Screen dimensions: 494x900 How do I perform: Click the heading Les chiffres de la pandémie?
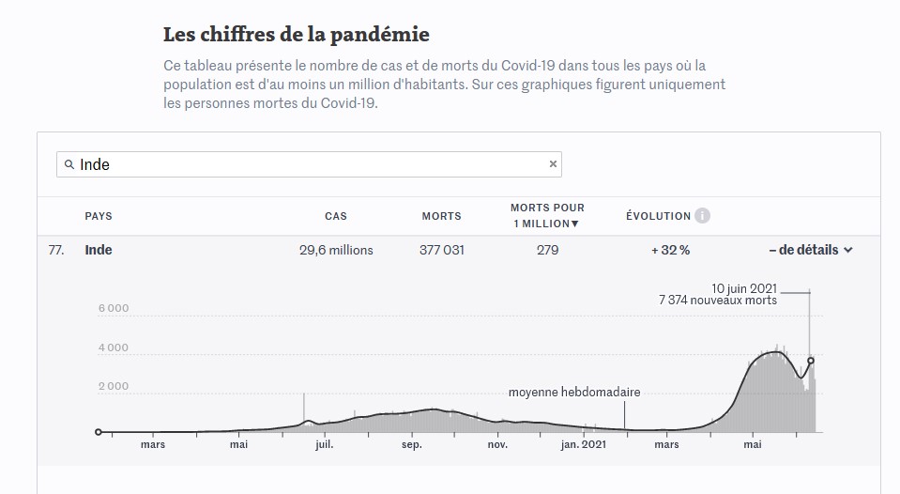[x=297, y=35]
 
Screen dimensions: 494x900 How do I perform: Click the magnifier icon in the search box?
[x=69, y=164]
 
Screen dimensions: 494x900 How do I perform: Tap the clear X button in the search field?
[x=553, y=164]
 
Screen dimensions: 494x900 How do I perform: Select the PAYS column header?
[x=99, y=216]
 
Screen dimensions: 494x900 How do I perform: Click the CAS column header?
[x=335, y=216]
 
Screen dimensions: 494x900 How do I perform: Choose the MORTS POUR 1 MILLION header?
[x=547, y=215]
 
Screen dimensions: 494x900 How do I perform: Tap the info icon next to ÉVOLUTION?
[x=702, y=216]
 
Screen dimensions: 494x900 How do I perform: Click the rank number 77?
[x=55, y=250]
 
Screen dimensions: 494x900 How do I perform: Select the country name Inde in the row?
[x=99, y=250]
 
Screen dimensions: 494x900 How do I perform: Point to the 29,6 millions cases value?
[x=336, y=250]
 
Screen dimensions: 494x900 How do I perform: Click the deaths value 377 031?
[x=441, y=250]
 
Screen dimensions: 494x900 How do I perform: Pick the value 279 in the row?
[x=547, y=250]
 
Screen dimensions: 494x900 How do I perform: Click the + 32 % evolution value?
[x=670, y=250]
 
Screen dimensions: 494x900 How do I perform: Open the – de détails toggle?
[x=810, y=250]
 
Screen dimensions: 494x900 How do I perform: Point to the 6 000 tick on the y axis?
[x=114, y=308]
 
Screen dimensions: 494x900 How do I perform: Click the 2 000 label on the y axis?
[x=114, y=386]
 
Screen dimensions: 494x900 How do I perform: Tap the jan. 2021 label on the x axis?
[x=582, y=444]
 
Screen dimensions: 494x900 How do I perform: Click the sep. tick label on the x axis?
[x=411, y=444]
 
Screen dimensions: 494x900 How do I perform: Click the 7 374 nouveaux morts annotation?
[x=718, y=301]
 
